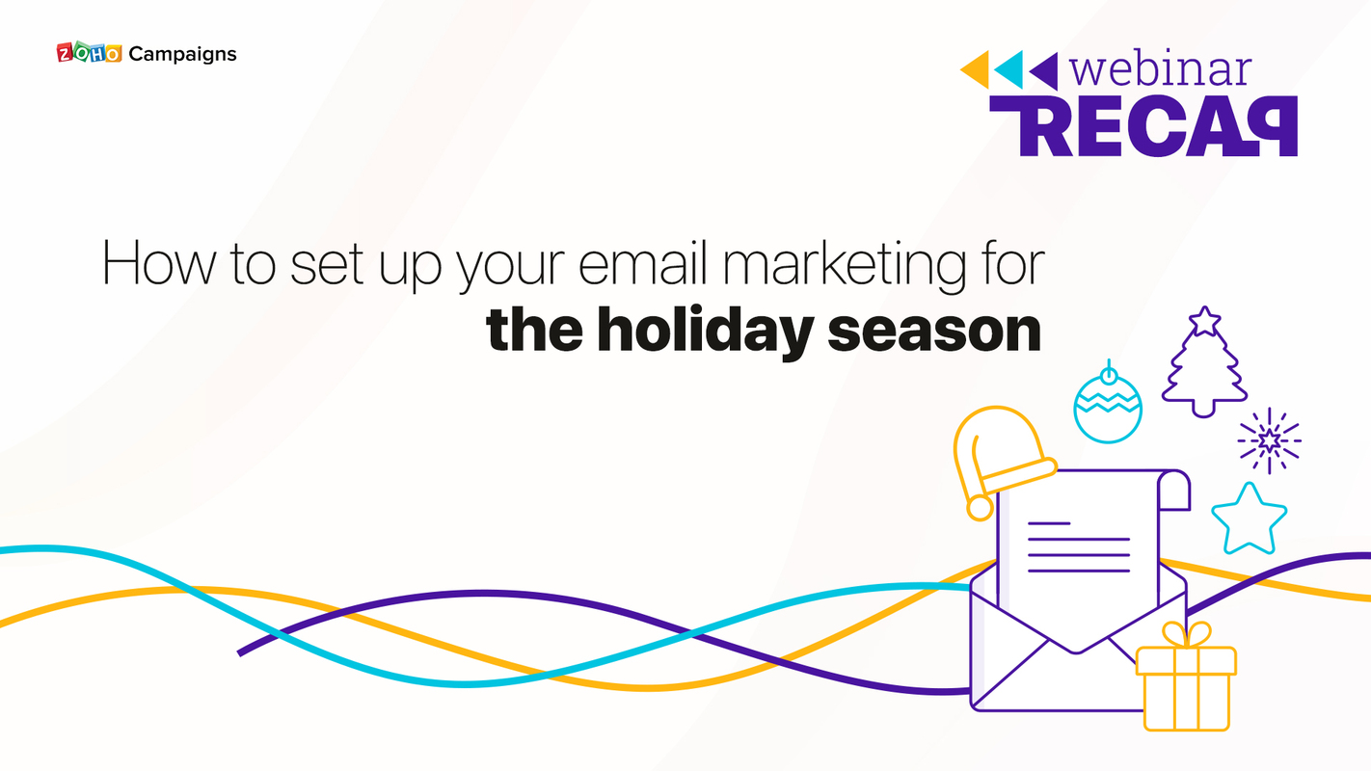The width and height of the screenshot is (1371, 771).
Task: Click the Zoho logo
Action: click(x=89, y=53)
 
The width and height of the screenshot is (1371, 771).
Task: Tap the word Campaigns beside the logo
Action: click(x=182, y=54)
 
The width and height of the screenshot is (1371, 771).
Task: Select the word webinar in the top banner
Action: click(x=1161, y=69)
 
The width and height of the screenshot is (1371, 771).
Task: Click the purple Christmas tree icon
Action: click(x=1203, y=371)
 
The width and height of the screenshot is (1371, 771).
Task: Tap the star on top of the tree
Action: click(x=1203, y=320)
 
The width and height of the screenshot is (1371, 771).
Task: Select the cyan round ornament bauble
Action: click(x=1108, y=405)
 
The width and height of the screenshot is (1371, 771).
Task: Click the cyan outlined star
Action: click(x=1249, y=519)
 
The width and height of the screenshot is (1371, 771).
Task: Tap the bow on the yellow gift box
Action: click(x=1186, y=635)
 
